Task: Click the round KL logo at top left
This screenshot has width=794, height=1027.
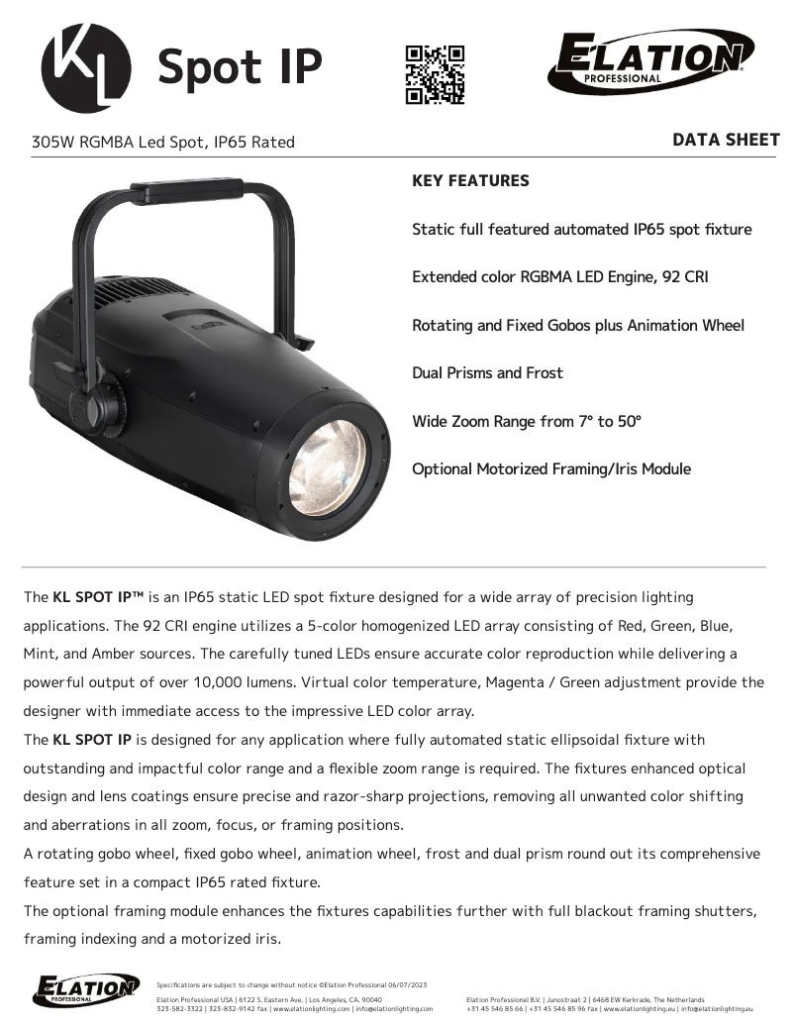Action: (x=85, y=67)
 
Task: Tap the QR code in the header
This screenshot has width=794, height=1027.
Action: (x=435, y=74)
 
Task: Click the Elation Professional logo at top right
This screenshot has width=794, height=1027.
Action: (x=649, y=60)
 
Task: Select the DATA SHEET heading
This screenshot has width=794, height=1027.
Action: (x=726, y=140)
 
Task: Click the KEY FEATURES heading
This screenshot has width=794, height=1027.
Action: (x=470, y=181)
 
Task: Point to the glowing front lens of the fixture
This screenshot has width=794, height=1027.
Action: (x=327, y=466)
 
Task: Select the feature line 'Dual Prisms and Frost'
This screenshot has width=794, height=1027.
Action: (x=487, y=373)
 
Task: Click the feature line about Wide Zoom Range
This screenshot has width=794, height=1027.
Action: (x=527, y=421)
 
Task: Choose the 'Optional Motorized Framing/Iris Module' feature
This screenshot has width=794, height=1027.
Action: (x=551, y=468)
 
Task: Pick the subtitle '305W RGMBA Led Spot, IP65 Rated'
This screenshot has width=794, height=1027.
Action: (x=163, y=142)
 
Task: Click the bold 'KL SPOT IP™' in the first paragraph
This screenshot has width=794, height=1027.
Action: (x=98, y=597)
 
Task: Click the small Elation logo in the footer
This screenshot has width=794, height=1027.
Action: (x=86, y=989)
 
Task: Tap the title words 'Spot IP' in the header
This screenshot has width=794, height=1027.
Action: (x=240, y=67)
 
